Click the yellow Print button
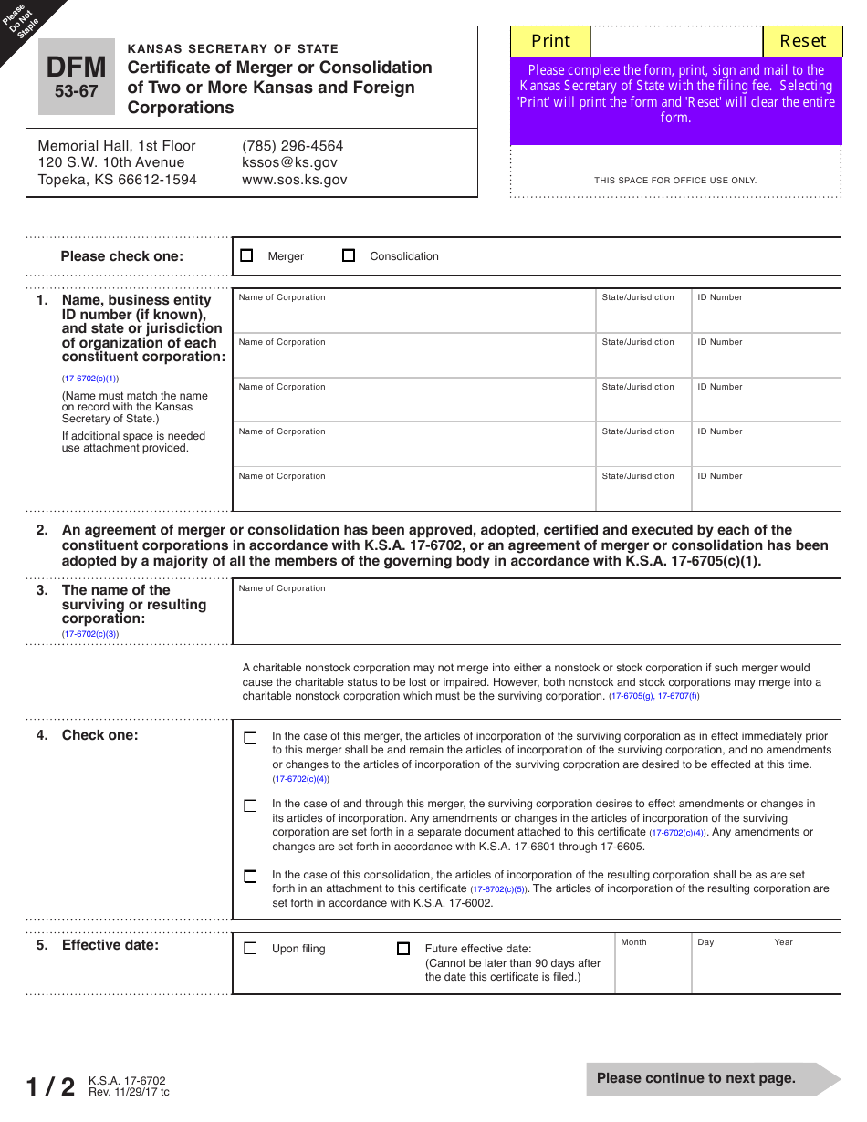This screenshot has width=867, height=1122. [550, 41]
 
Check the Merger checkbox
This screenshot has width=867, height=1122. [246, 255]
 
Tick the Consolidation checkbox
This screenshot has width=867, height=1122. [349, 255]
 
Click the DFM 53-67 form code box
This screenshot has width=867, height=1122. [77, 77]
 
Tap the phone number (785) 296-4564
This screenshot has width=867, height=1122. [292, 146]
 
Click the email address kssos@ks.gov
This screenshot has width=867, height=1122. [289, 162]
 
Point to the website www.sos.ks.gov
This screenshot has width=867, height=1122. [294, 180]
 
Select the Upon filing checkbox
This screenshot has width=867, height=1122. [250, 948]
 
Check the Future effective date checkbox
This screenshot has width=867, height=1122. [403, 948]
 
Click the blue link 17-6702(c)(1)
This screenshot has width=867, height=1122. [90, 379]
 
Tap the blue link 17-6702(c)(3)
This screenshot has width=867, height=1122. [90, 634]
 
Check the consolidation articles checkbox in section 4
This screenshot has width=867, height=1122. [250, 876]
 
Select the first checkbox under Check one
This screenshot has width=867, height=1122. [250, 737]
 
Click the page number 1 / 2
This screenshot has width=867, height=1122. [50, 1086]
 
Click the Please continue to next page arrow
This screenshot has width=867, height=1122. [712, 1078]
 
